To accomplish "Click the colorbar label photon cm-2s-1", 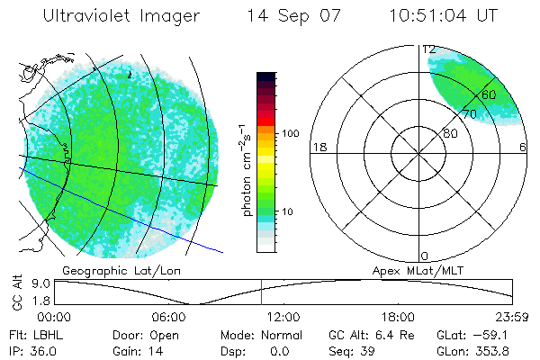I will click(x=244, y=169).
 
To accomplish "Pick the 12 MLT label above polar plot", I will click(x=429, y=49).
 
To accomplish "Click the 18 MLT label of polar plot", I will click(x=318, y=148).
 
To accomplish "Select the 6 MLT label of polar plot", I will click(x=523, y=148).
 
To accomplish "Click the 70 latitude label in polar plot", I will click(x=469, y=114).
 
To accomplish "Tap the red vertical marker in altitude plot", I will click(x=261, y=292).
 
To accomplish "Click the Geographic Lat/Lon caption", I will click(x=108, y=270).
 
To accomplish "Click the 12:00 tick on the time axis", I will click(x=284, y=317).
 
